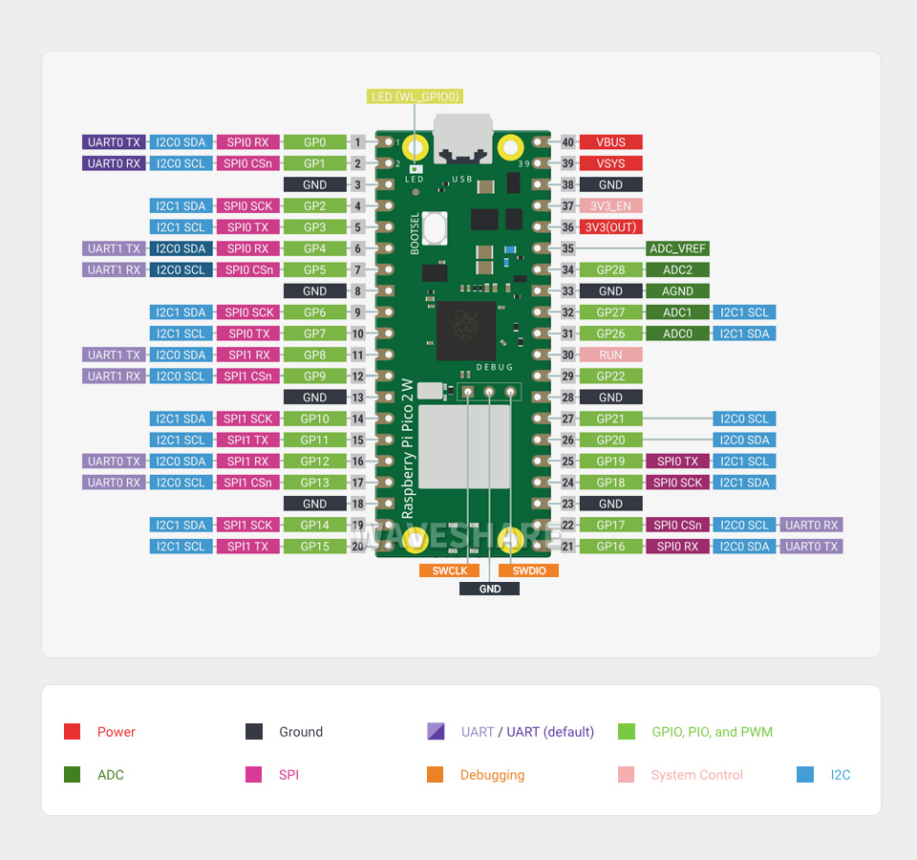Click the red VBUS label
[x=610, y=142]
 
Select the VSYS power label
[x=610, y=163]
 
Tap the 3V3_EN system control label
[x=610, y=206]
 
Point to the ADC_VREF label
[x=677, y=248]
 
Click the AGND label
[x=677, y=291]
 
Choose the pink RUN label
[x=610, y=355]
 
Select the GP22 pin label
[x=610, y=376]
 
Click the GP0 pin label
[x=314, y=142]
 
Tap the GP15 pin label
[x=314, y=547]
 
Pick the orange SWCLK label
[x=449, y=570]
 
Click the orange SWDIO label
[x=528, y=570]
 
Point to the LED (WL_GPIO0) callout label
[x=415, y=97]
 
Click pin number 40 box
[x=568, y=142]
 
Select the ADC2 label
[x=677, y=270]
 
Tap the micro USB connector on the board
[x=462, y=139]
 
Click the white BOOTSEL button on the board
[x=436, y=228]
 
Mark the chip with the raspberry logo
[x=466, y=331]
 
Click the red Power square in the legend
[x=72, y=732]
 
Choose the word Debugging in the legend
[x=492, y=775]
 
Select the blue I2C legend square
[x=805, y=775]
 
